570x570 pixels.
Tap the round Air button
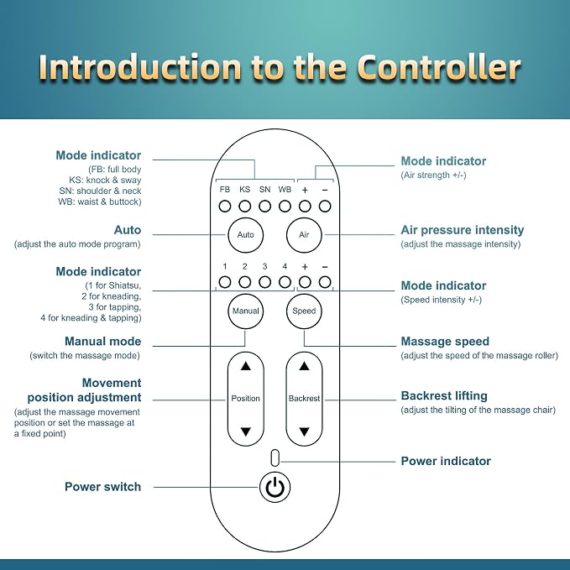tap(304, 235)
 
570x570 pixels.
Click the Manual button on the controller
tap(245, 311)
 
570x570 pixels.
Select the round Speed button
tap(304, 311)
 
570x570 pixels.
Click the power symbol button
tap(275, 487)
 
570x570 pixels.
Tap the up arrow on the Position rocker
tap(246, 366)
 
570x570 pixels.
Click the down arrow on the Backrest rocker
tap(304, 431)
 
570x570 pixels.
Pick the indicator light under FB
tap(225, 207)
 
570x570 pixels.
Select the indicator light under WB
tap(285, 207)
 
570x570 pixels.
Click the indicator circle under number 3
tap(264, 282)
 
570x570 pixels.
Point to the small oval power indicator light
tap(275, 458)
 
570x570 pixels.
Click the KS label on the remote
tap(244, 190)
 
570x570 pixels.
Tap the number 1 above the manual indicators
tap(225, 266)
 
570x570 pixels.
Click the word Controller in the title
tap(439, 67)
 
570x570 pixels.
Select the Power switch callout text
tap(103, 487)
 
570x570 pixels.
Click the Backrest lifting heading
tap(444, 396)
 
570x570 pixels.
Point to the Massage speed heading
tap(445, 342)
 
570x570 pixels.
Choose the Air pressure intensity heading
tap(463, 230)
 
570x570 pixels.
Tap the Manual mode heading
tap(103, 342)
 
